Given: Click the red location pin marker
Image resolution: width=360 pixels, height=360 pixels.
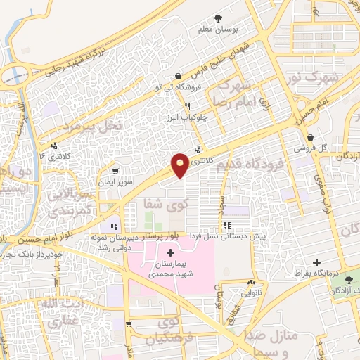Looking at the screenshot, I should coord(180,165).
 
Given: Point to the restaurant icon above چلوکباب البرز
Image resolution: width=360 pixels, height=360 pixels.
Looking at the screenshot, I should coord(187,107).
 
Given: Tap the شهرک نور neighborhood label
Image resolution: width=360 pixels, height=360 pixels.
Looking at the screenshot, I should coord(333,77).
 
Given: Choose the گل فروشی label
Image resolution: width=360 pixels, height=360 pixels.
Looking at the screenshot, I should coord(314,148).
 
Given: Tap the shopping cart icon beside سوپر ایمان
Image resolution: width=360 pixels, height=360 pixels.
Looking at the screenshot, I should coord(115,171).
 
